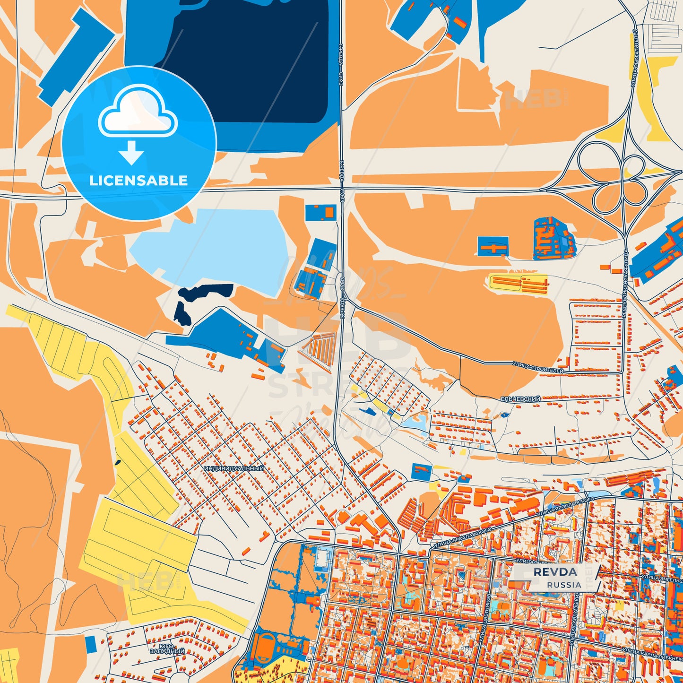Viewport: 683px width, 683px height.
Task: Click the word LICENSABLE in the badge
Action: coord(138,181)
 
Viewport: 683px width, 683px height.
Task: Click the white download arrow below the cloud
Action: coord(131,153)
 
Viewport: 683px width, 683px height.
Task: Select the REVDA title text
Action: coord(555,572)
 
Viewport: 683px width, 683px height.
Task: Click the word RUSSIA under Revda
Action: coord(564,585)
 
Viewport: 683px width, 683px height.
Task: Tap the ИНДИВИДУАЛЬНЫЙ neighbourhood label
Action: coord(234,468)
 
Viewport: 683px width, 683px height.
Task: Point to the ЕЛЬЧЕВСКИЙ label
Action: coord(520,399)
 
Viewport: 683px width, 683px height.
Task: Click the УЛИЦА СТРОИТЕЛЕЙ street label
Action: coord(538,368)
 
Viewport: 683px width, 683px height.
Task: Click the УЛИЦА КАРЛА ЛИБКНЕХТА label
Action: coord(652,655)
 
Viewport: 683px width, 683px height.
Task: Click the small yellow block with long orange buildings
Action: coord(519,284)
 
